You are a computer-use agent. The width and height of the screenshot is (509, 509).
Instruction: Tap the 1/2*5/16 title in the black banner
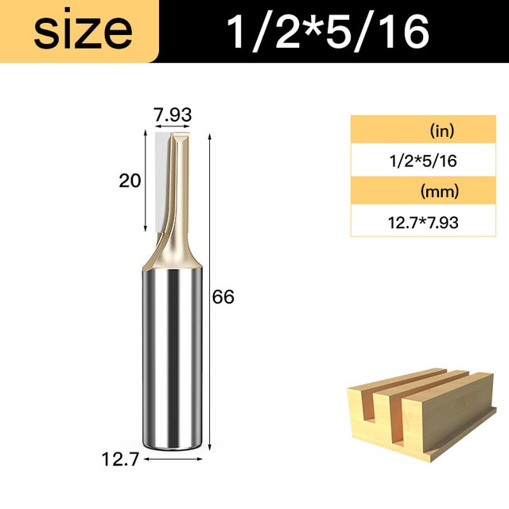coord(328,32)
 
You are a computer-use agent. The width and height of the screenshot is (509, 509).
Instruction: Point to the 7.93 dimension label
coord(173,115)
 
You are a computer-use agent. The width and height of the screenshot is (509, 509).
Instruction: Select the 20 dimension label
coord(130,181)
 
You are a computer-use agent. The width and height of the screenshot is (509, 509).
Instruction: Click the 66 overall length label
coord(223,297)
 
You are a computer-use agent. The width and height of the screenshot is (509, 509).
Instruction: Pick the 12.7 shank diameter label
coord(120,459)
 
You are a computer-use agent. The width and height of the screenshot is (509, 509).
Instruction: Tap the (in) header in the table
coord(442,130)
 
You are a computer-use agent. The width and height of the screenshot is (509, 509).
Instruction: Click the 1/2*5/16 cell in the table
coord(423,161)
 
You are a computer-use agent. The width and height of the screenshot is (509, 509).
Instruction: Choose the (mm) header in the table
coord(440,192)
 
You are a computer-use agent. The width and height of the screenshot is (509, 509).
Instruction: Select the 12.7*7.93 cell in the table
coord(423,223)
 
